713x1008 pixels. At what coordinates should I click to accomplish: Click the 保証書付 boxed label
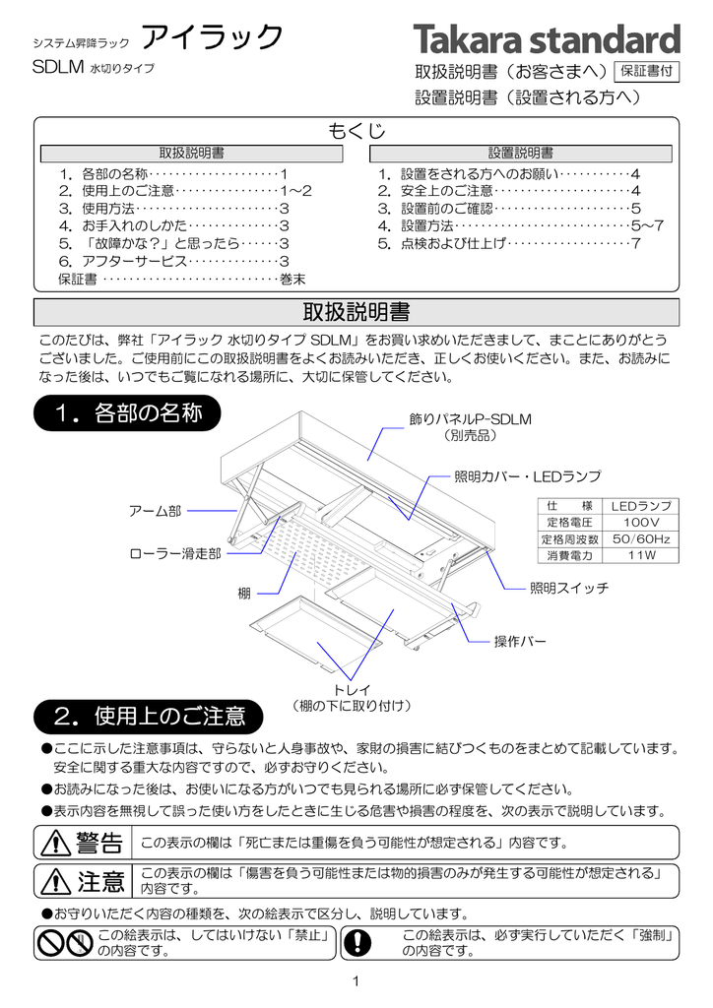(645, 71)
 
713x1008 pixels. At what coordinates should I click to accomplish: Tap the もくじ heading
(356, 131)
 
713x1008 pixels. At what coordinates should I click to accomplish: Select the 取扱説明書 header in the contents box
(191, 154)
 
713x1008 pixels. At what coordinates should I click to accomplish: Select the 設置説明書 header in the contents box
(520, 154)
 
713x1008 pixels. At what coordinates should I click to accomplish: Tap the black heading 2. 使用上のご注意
(150, 714)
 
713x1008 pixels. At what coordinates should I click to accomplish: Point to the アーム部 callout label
(156, 510)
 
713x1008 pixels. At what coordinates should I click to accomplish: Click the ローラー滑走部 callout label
(175, 554)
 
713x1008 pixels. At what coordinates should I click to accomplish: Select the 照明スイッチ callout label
(569, 588)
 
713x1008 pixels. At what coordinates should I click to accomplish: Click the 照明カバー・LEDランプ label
(527, 476)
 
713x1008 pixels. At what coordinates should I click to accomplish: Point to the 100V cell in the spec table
(642, 522)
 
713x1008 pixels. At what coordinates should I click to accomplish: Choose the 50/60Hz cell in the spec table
(642, 539)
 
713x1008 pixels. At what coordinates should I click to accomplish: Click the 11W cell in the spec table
(642, 556)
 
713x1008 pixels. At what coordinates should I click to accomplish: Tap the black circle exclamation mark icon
(358, 942)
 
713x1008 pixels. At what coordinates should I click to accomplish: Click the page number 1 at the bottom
(356, 980)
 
